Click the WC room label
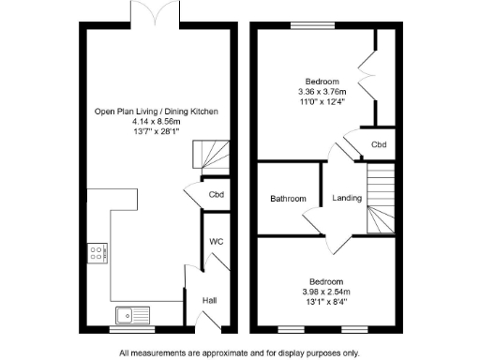216,242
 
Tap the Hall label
210,300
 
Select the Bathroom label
288,199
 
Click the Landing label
348,199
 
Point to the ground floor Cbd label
216,195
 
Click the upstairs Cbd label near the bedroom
379,145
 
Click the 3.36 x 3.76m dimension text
322,92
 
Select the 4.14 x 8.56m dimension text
156,122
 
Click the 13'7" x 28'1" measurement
156,132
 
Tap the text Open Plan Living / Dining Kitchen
156,112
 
